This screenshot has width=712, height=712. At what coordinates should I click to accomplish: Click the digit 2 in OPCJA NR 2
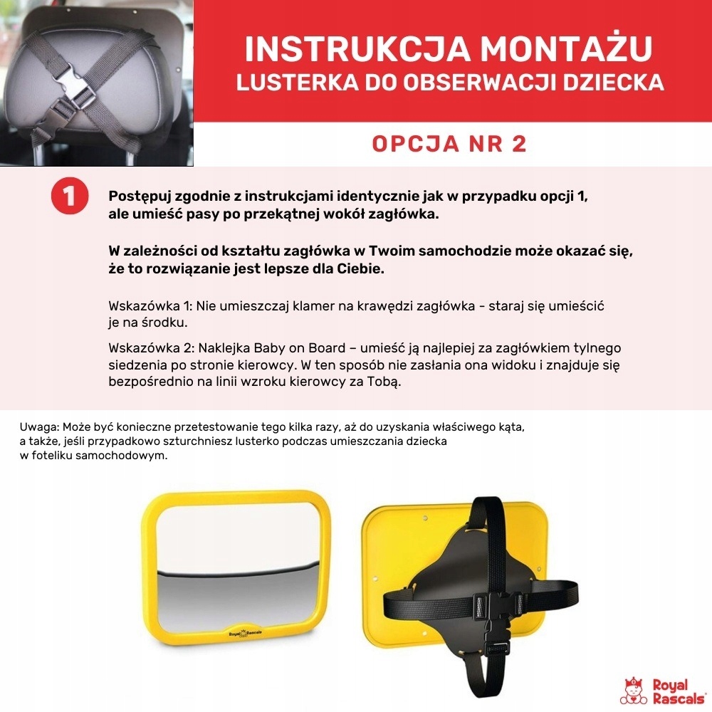point(518,143)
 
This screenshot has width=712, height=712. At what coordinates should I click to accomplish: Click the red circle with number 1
point(70,196)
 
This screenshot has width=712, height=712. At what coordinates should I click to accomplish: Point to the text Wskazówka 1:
point(150,305)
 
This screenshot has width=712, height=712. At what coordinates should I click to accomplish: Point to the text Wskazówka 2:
point(151,348)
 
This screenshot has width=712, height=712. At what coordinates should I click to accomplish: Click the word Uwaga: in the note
point(39,427)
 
